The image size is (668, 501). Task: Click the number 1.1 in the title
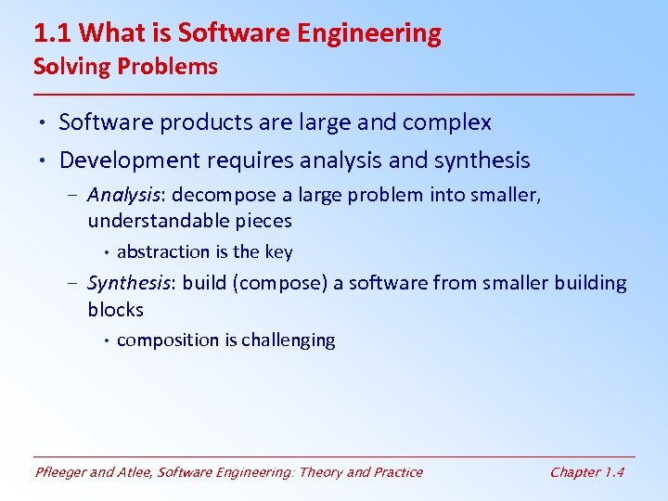point(53,34)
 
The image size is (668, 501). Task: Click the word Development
point(129,161)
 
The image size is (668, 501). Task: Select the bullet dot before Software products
point(45,122)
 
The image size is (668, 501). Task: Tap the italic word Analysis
point(124,196)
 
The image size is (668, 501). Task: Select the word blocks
point(116,309)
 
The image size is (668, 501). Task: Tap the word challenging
point(289,340)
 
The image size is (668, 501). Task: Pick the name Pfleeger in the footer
point(63,472)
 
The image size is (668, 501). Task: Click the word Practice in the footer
point(396,472)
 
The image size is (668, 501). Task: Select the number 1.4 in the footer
point(613,472)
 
